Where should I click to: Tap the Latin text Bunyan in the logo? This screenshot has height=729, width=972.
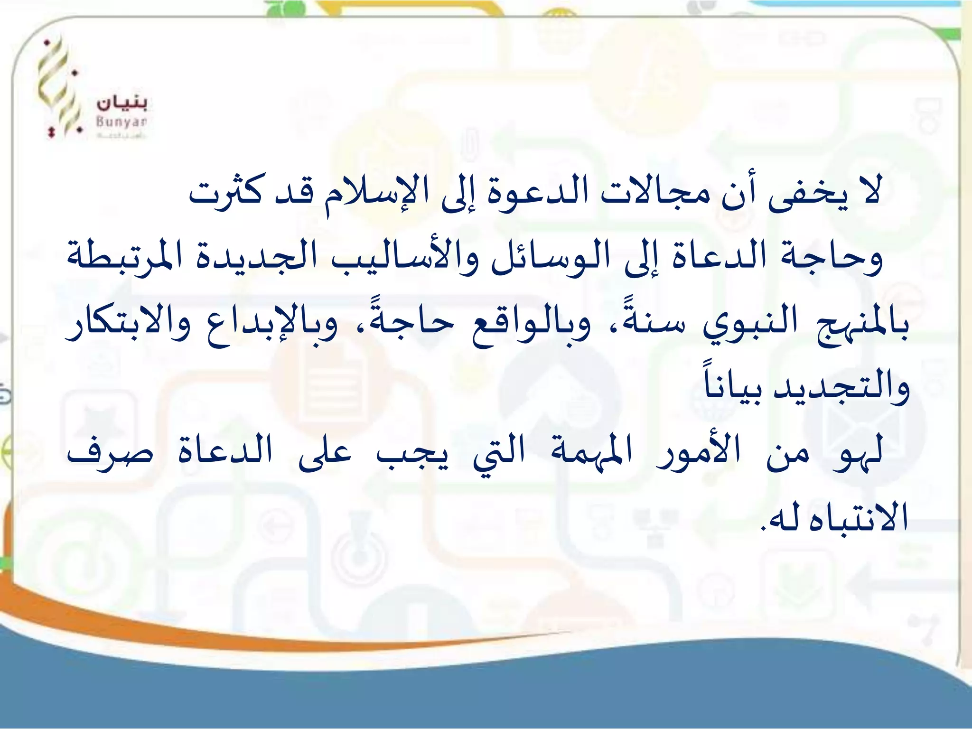tap(121, 122)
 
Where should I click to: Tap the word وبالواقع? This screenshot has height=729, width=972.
tap(532, 325)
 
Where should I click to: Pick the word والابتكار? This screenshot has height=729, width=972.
tap(128, 325)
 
